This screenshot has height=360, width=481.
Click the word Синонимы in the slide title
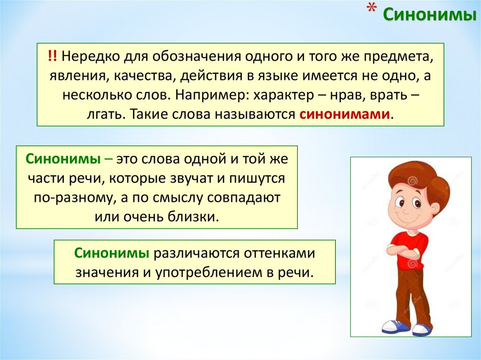click(427, 15)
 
